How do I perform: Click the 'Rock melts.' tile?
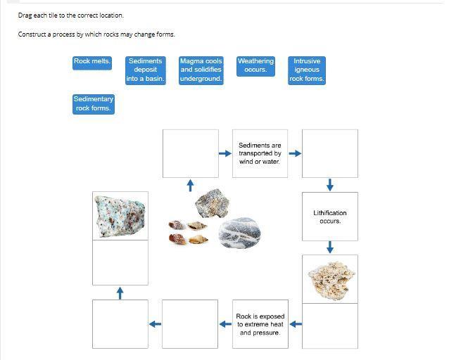coord(92,62)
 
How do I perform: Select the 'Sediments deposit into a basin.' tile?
coord(146,70)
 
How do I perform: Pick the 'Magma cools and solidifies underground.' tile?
coord(201,70)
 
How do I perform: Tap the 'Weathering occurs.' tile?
coord(255,66)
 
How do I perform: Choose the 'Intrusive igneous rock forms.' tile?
coord(307,70)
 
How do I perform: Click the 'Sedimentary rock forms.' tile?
coord(93,104)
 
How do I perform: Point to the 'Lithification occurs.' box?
coord(329,217)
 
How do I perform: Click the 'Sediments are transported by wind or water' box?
coord(260,153)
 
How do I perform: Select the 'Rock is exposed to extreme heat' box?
coord(260,324)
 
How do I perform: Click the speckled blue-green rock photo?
coord(120,215)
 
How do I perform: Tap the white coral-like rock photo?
coord(329,279)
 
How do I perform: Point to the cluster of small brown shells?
coord(189,233)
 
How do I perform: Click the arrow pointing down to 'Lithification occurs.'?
coord(330,185)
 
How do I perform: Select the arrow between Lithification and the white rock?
coord(330,247)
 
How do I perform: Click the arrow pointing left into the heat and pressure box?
coord(296,324)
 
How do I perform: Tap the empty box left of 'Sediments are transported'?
coord(190,153)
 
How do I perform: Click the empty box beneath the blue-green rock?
coord(120,262)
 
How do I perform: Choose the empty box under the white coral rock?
coord(329,326)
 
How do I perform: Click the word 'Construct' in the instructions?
coord(32,34)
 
